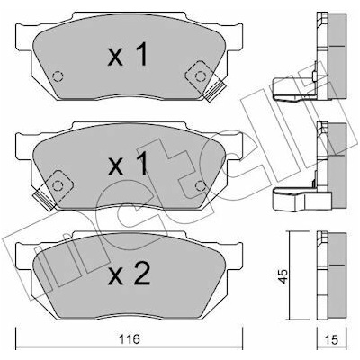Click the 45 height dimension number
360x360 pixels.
coord(283,276)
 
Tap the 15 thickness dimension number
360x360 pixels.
coord(331,339)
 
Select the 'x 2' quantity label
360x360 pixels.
coord(130,274)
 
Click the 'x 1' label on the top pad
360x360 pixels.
coord(128,54)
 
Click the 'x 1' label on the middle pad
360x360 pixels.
coord(128,164)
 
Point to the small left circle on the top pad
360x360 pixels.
coord(58,76)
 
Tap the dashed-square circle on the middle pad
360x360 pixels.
coord(58,186)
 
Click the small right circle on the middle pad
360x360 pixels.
coord(200,186)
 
